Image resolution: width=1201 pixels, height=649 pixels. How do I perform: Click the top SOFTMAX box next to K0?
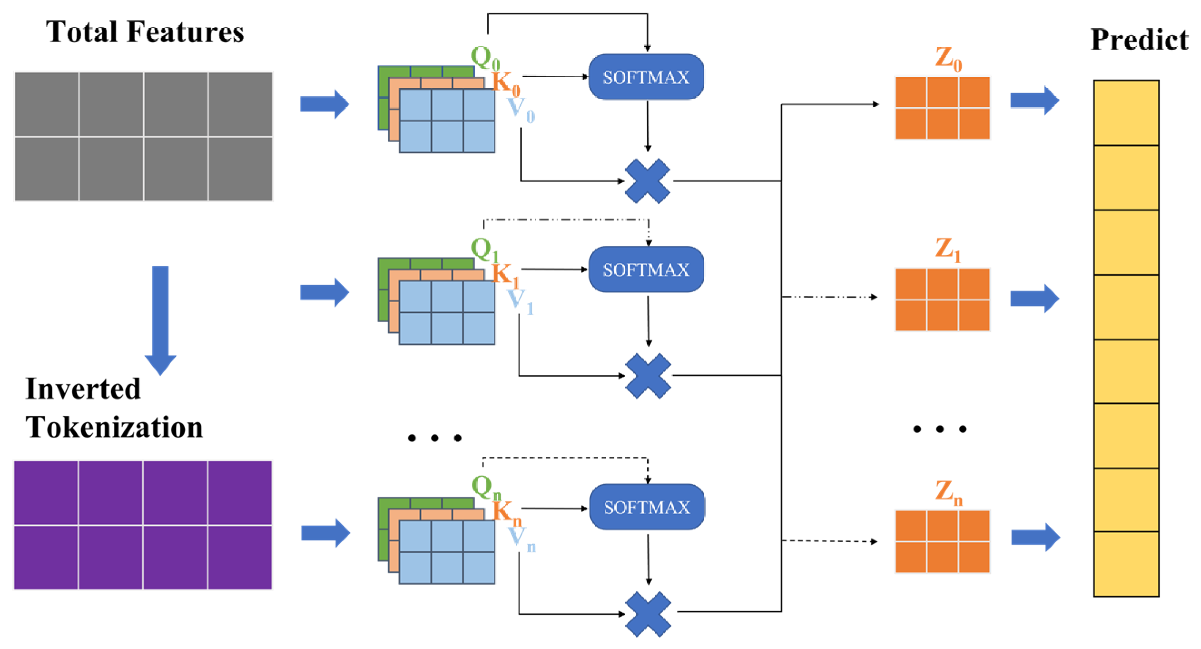click(x=646, y=77)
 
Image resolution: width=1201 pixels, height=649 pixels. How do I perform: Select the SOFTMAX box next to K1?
click(x=646, y=270)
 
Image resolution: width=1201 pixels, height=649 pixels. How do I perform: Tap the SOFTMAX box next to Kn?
click(x=647, y=507)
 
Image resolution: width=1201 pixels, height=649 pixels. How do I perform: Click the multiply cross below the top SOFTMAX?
click(x=647, y=181)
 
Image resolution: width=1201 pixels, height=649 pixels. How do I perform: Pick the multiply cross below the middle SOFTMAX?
click(x=648, y=375)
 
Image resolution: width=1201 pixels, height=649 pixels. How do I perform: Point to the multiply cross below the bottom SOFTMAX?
click(x=648, y=614)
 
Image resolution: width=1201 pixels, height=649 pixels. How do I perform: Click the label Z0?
click(x=948, y=60)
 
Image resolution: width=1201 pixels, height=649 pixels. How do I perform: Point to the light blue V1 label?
click(x=520, y=302)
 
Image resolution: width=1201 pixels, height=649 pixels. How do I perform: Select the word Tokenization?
click(x=114, y=427)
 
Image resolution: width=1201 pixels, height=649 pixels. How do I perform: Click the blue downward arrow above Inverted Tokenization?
click(x=160, y=320)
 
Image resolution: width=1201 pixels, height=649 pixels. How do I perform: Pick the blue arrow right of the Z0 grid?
click(x=1034, y=100)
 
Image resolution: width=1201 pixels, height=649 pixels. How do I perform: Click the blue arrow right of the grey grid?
click(x=325, y=104)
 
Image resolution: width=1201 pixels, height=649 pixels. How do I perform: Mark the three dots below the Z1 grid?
click(x=939, y=429)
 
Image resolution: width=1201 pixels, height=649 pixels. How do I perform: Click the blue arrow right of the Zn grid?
click(x=1035, y=538)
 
